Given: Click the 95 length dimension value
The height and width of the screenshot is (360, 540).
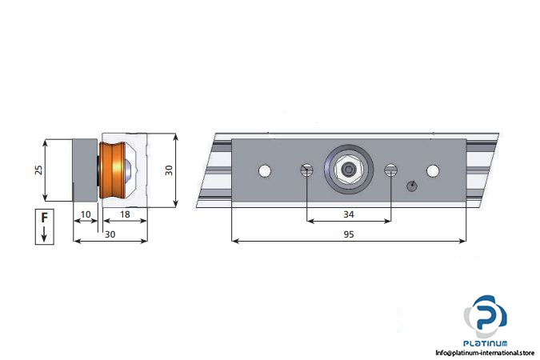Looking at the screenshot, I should (x=348, y=234).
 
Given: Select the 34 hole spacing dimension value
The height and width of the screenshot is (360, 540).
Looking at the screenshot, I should (x=348, y=214).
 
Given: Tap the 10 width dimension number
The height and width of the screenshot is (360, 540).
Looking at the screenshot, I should (x=86, y=214).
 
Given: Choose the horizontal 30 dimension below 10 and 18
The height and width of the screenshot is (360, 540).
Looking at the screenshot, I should (x=110, y=234).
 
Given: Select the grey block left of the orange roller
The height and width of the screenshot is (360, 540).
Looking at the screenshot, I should (x=85, y=170).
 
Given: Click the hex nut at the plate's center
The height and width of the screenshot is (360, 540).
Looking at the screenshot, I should (x=348, y=170).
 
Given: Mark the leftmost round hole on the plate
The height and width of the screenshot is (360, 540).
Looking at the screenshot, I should (x=264, y=170).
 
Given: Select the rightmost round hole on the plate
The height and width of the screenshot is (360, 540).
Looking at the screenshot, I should (x=433, y=170).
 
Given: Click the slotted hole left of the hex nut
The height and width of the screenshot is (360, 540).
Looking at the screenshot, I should (x=306, y=170).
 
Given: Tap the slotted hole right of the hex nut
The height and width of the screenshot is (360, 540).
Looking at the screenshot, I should (x=390, y=170).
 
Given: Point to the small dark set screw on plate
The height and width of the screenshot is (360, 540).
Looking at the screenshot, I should (x=411, y=186).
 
